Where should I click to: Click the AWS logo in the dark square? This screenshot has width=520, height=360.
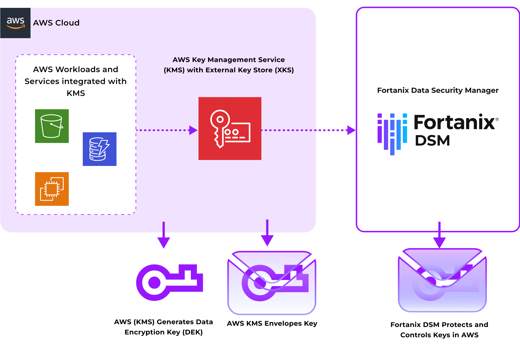coord(15,23)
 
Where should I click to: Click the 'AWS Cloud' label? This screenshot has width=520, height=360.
coord(56,23)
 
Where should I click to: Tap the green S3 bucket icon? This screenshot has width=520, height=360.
coord(52,126)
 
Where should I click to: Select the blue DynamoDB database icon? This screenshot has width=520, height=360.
coord(99,149)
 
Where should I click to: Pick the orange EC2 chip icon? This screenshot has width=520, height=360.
coord(52,189)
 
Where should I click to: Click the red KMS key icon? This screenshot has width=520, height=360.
coord(230,128)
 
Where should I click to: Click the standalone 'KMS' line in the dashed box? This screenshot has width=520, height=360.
coord(76,93)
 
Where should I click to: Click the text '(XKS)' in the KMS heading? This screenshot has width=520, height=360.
coord(284,70)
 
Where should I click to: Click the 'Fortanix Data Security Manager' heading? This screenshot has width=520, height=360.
coord(438,90)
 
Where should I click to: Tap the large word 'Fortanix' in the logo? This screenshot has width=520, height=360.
coord(454,122)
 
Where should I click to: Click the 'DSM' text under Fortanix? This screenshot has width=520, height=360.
coord(432,140)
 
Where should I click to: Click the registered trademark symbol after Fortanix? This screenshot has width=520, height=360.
coord(497,119)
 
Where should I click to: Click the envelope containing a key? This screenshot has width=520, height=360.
coord(271,283)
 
